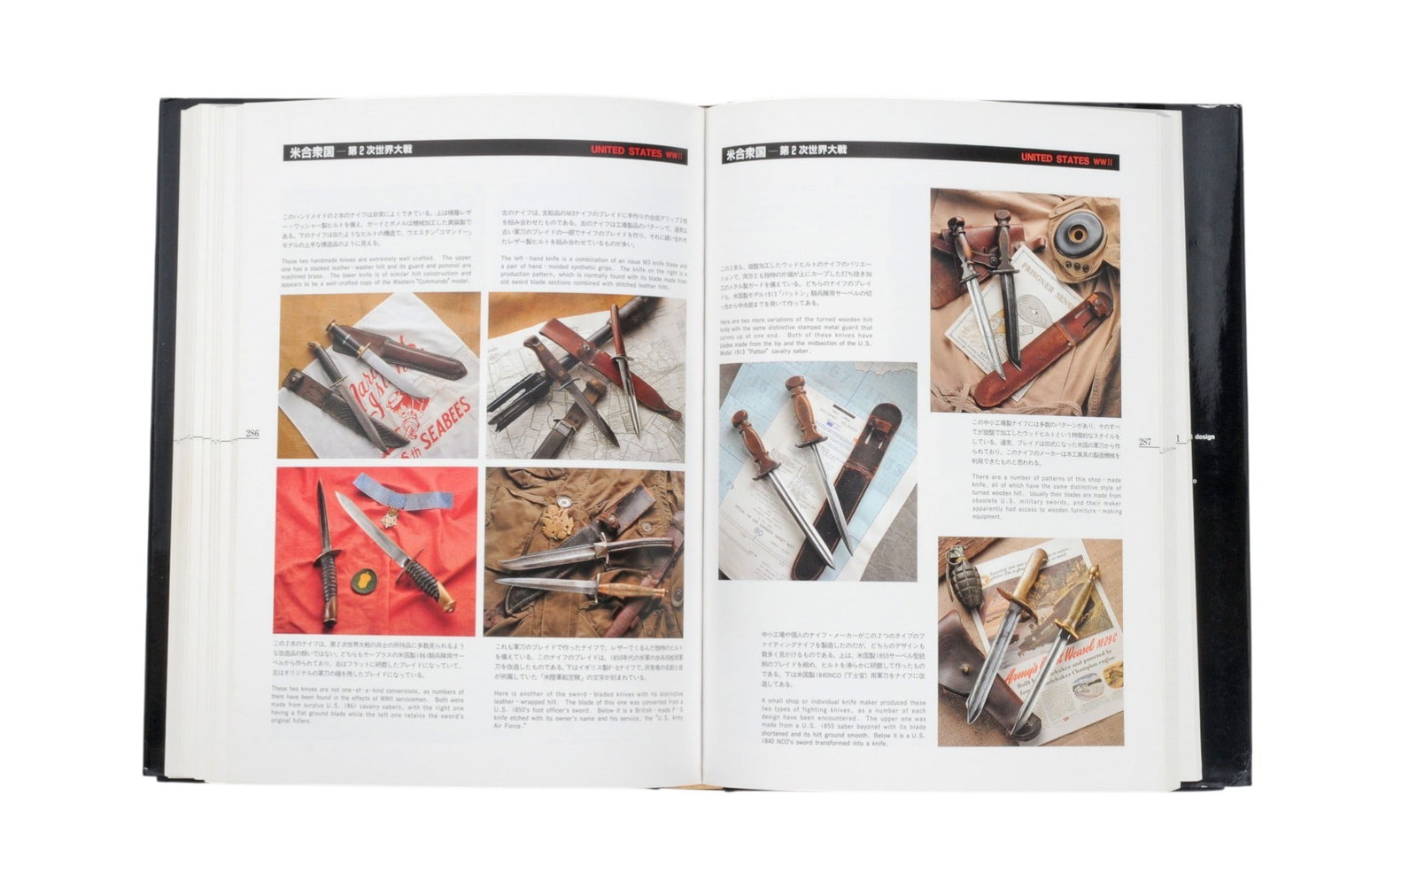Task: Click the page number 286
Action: (x=252, y=434)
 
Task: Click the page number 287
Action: (x=1145, y=441)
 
